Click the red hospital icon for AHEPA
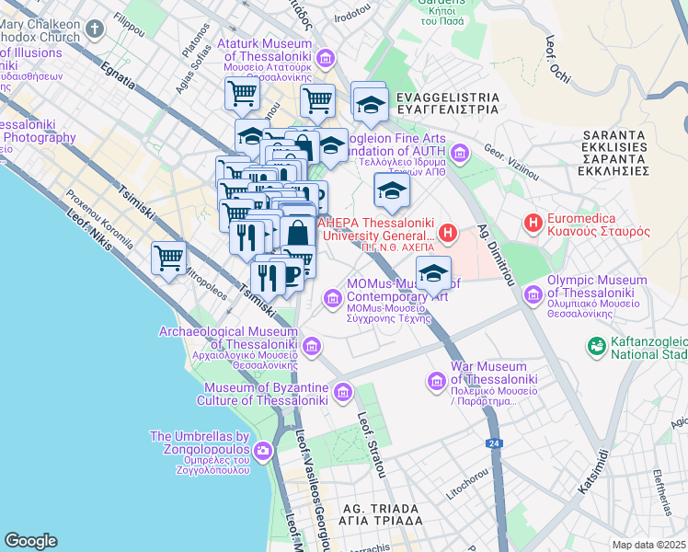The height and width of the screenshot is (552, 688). [x=448, y=233]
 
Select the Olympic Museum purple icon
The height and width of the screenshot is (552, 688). [x=533, y=295]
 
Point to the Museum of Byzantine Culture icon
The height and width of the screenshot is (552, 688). [x=343, y=394]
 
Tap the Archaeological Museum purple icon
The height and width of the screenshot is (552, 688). [x=312, y=346]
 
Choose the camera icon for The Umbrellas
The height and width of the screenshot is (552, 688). [x=263, y=451]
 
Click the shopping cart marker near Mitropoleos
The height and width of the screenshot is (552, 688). [x=169, y=259]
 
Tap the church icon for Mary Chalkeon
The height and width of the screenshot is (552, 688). [x=95, y=30]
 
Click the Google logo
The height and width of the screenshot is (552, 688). [x=30, y=541]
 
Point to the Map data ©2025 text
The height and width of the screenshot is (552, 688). [x=648, y=545]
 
